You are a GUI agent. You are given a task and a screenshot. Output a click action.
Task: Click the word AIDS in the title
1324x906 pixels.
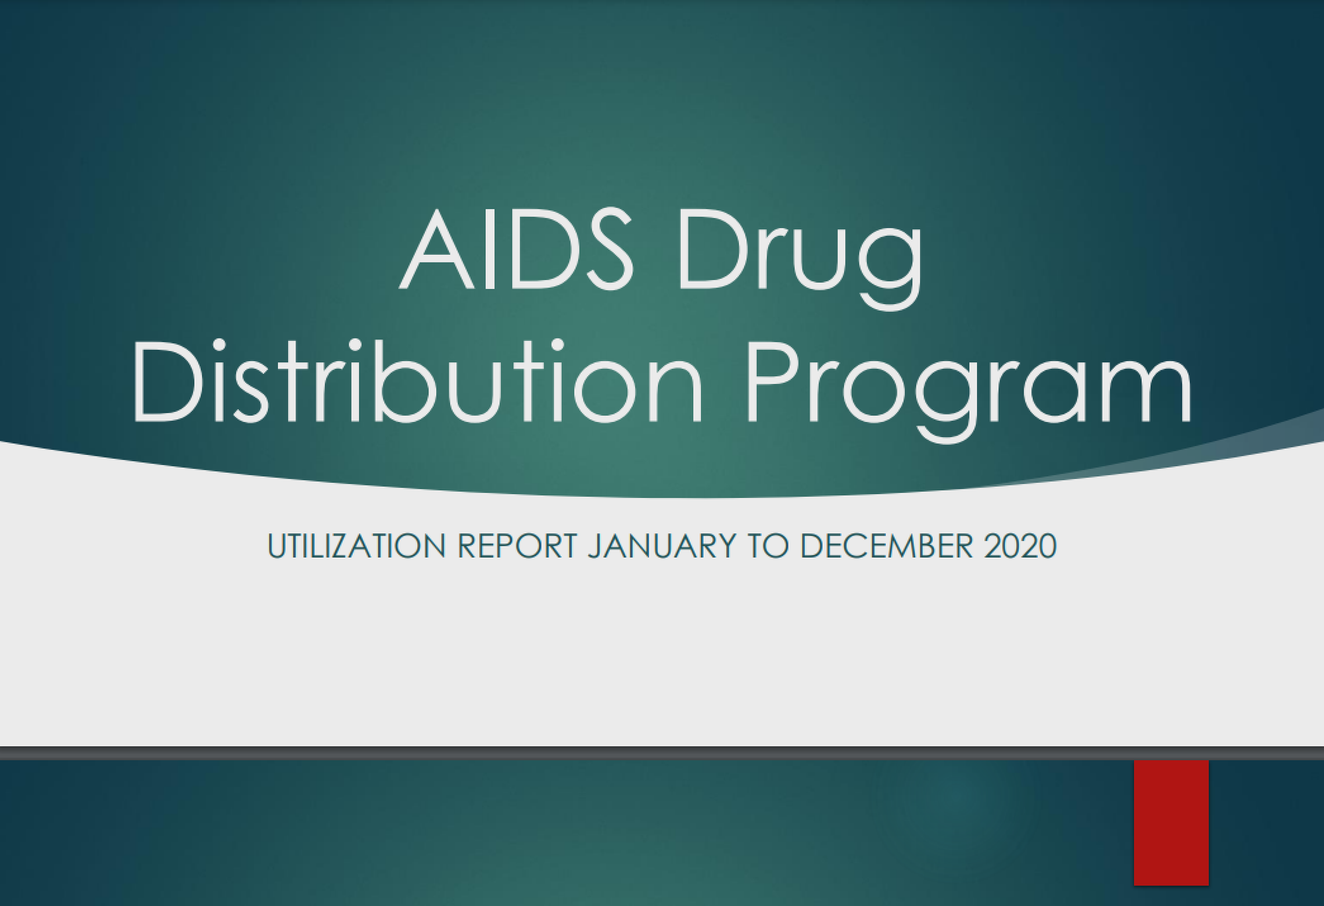coord(517,249)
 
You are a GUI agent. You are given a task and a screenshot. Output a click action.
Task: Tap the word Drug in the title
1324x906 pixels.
coord(800,259)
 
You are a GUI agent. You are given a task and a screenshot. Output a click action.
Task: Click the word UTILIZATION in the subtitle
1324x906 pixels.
coord(356,546)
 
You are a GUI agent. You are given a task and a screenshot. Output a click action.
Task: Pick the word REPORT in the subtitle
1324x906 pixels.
coord(517,546)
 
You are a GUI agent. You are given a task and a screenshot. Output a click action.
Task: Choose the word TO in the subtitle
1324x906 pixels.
coord(769,546)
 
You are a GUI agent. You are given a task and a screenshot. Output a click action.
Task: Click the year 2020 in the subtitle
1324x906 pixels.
coord(1020,546)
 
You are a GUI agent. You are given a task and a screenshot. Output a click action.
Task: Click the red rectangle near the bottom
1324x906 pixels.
coord(1171,823)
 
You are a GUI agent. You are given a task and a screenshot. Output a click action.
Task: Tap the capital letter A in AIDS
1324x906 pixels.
coord(436,250)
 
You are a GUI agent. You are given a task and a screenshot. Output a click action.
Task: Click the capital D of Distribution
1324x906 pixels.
coord(167,381)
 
